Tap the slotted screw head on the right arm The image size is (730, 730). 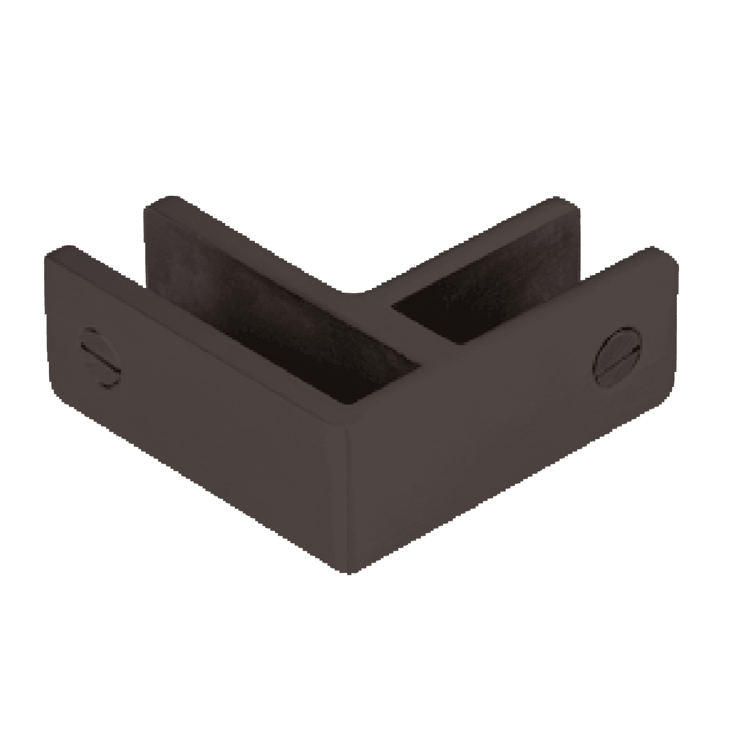coord(619,355)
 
